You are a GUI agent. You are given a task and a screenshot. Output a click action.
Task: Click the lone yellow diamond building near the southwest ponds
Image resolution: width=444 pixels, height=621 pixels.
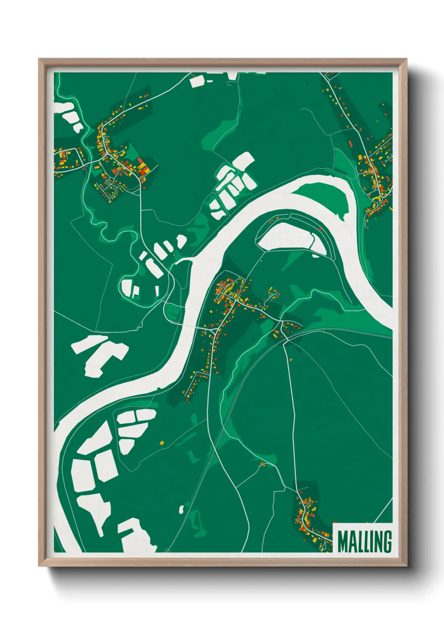[162, 443]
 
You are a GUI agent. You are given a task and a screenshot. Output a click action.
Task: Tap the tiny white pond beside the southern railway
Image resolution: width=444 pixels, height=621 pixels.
[182, 509]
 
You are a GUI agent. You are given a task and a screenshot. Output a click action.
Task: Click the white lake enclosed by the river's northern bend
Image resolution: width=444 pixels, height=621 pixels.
[290, 237]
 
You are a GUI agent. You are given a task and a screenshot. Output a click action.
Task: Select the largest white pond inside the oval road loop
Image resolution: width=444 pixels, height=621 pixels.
[126, 287]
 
